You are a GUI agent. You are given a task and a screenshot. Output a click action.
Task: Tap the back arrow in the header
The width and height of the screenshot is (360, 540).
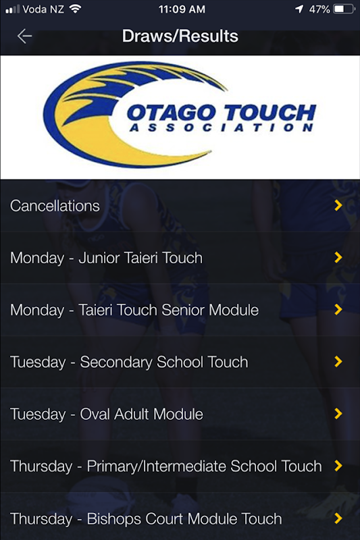[24, 36]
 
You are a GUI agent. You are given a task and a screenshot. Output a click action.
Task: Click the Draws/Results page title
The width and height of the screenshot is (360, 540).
[180, 36]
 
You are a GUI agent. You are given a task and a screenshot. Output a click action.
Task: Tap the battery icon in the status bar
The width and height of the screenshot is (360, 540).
[344, 9]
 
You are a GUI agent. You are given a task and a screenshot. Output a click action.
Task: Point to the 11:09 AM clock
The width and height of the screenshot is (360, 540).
[182, 9]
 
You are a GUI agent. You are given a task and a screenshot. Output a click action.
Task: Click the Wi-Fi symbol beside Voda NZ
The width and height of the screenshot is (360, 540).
[75, 9]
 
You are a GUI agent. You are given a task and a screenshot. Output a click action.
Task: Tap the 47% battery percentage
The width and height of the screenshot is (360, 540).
[319, 9]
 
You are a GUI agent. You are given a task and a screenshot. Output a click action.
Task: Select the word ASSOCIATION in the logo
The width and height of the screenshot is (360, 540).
[221, 128]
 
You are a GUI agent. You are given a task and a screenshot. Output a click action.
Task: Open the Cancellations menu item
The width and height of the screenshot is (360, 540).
[55, 206]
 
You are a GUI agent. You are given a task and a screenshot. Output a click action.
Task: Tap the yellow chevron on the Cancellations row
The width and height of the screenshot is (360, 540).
[338, 206]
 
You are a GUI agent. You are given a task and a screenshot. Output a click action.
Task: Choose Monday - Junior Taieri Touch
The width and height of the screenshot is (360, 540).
[106, 258]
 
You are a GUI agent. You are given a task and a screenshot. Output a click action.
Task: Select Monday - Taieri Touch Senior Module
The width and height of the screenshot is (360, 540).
[134, 310]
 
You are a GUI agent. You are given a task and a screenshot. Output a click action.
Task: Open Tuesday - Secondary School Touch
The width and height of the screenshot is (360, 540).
[129, 362]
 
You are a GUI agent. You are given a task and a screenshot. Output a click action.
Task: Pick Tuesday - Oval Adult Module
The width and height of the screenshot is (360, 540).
[107, 414]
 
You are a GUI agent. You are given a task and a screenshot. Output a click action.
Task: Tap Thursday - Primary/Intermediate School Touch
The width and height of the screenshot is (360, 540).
[165, 466]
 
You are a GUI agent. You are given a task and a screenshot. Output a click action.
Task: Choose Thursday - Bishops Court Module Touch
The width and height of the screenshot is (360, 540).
[146, 519]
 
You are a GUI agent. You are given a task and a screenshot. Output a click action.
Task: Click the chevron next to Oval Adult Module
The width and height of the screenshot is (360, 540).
[338, 414]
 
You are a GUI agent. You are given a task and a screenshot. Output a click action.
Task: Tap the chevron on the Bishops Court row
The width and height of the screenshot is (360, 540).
[338, 518]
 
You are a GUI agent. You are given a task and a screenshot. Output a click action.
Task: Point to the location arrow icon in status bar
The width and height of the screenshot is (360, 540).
[299, 9]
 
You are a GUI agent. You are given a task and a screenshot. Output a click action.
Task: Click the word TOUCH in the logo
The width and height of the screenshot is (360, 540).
[269, 113]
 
